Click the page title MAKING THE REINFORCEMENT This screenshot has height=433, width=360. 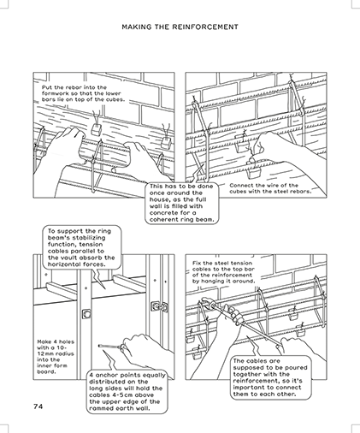(x=180, y=27)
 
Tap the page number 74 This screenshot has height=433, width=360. (x=38, y=406)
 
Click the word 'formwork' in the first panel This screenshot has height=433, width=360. (x=53, y=93)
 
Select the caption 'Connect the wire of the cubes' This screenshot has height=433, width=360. (x=270, y=188)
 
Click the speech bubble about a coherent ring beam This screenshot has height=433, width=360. (x=182, y=203)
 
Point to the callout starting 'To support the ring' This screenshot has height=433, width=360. (x=81, y=247)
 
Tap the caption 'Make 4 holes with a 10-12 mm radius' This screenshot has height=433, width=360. (x=56, y=357)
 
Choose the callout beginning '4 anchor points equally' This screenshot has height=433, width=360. (x=127, y=392)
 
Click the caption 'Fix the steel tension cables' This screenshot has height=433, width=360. (x=223, y=272)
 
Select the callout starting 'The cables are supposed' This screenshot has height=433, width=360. (x=270, y=377)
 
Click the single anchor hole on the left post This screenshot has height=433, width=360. (x=86, y=314)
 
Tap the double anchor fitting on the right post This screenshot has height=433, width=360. (x=159, y=306)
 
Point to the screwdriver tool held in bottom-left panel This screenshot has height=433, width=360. (x=112, y=347)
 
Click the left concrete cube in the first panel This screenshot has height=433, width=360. (x=96, y=128)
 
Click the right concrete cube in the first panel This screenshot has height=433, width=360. (x=166, y=142)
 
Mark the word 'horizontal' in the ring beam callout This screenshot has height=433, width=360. (x=62, y=264)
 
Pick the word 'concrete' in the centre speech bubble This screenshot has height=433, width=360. (x=162, y=213)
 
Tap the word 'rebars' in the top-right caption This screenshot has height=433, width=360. (x=302, y=192)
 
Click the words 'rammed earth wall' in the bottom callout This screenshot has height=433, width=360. (x=120, y=408)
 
